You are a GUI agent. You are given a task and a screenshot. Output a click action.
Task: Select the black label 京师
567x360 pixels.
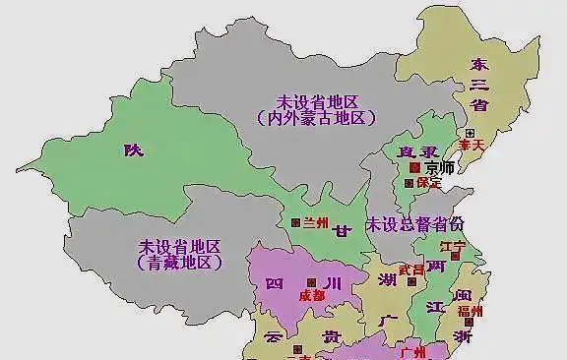pos(440,167)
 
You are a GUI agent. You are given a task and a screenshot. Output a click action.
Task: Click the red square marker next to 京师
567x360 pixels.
pos(414,168)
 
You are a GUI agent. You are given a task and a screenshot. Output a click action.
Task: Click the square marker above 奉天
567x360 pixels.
pos(471,132)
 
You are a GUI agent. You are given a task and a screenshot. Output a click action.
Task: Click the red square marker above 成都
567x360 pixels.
pos(312,280)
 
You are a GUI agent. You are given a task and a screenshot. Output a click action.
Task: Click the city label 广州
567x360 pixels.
pos(412,350)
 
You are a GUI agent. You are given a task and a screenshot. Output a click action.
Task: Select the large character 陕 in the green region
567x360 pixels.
pos(133,150)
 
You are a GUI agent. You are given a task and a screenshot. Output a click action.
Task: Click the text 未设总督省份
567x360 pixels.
pos(413,224)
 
